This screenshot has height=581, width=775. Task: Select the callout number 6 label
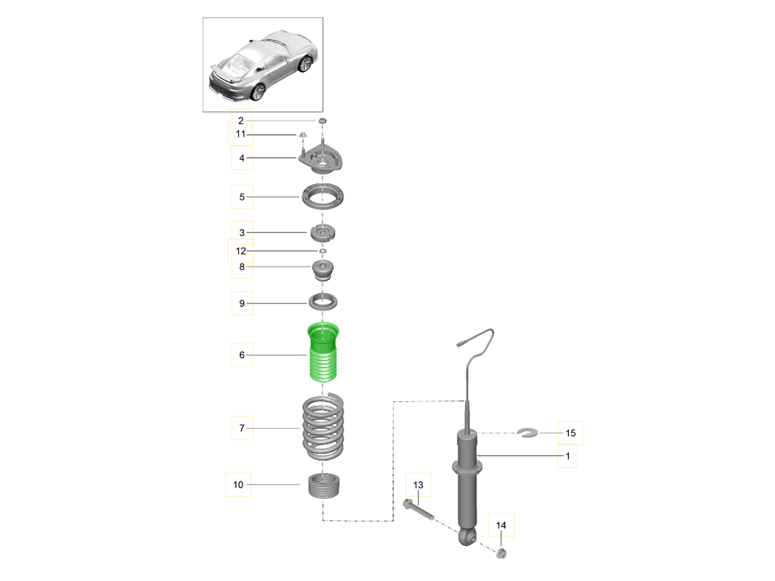[242, 355]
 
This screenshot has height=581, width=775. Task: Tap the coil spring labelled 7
[323, 427]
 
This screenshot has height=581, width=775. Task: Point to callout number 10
[238, 484]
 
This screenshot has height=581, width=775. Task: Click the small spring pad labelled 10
[323, 486]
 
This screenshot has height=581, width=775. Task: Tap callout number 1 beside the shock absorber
[567, 456]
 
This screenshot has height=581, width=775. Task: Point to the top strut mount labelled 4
[322, 159]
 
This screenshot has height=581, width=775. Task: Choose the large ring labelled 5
[322, 196]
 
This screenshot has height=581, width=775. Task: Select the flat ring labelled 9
[322, 301]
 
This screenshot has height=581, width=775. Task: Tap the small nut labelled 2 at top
[322, 121]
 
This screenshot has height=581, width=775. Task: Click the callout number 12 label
[241, 250]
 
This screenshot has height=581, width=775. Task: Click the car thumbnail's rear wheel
[258, 93]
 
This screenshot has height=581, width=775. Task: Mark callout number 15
[570, 433]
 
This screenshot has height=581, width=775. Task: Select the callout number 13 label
[418, 484]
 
